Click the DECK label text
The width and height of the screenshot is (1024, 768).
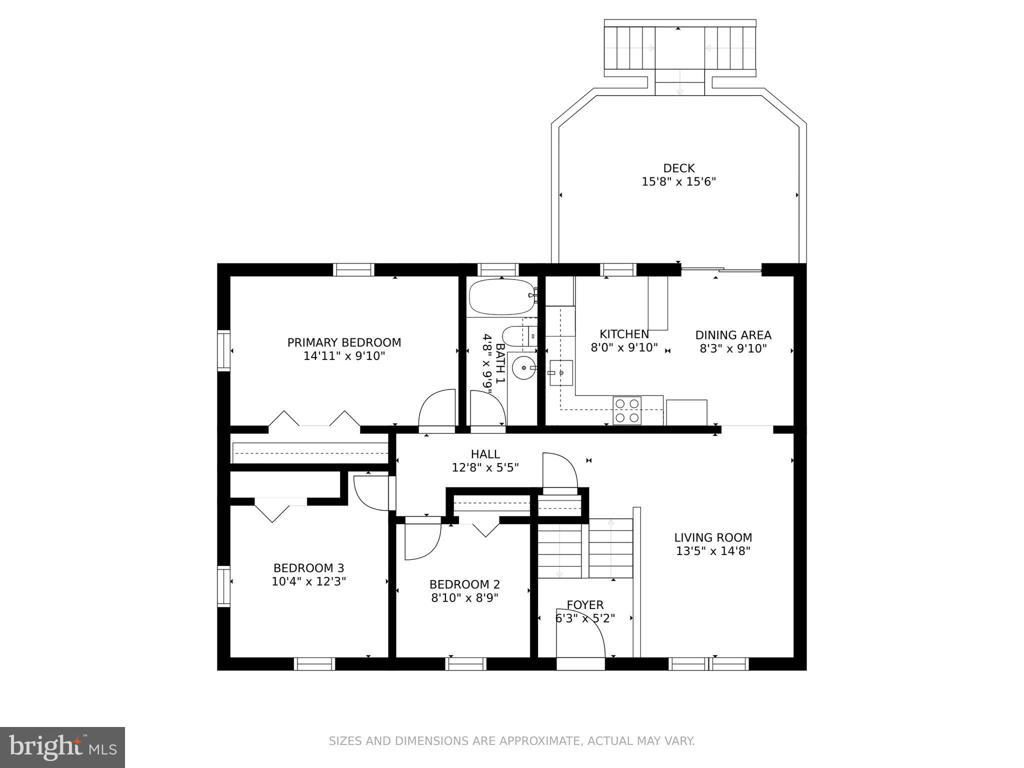click(678, 168)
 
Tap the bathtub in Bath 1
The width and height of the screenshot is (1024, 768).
click(502, 297)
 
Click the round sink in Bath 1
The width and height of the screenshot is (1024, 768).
click(523, 368)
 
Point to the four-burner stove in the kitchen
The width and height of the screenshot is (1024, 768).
click(627, 410)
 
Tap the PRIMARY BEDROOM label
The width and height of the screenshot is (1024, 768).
click(344, 342)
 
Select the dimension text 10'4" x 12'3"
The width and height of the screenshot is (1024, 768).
click(308, 581)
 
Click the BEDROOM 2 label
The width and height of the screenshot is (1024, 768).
click(464, 584)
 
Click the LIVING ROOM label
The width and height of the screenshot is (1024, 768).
click(713, 537)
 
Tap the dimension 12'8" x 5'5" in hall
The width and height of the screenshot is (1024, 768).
click(485, 467)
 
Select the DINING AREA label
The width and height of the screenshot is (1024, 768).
click(733, 335)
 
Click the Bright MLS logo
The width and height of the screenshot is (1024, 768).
click(62, 747)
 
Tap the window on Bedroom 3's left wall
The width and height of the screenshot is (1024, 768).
click(223, 586)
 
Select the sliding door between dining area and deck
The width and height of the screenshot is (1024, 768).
click(721, 270)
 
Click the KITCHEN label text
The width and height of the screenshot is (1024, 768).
click(624, 334)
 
